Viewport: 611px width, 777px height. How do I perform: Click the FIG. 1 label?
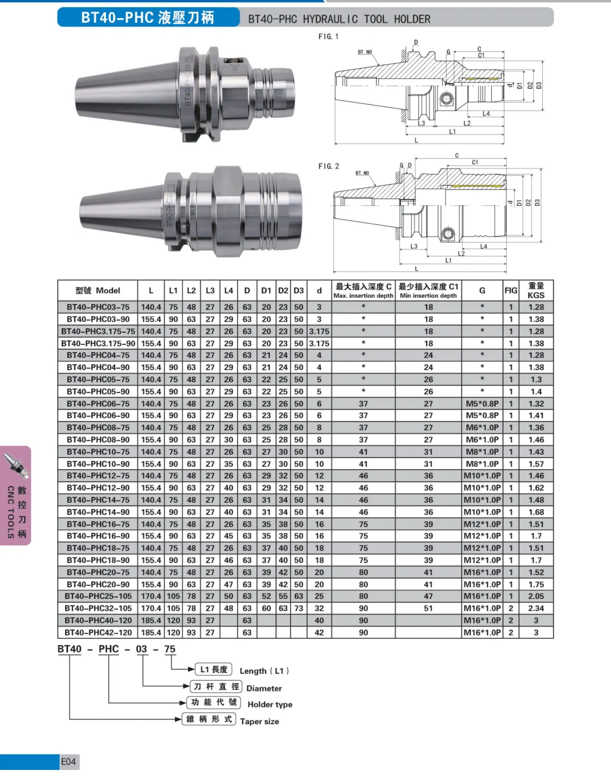328,37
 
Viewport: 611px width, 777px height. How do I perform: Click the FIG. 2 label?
328,166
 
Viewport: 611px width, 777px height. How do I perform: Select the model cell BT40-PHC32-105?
98,608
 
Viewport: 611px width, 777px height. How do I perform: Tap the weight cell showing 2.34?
536,608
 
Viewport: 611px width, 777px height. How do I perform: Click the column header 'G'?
482,290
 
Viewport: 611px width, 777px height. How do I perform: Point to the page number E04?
68,762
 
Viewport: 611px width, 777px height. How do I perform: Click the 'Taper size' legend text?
259,722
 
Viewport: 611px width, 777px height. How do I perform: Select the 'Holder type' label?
270,705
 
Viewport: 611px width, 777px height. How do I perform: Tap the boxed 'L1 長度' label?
213,669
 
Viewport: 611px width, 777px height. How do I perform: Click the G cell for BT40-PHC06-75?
482,404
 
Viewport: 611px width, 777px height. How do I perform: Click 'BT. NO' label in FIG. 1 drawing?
365,52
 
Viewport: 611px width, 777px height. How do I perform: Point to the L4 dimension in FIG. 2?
483,246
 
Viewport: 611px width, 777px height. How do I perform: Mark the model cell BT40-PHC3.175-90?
98,343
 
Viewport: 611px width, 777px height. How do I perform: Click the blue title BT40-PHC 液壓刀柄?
148,17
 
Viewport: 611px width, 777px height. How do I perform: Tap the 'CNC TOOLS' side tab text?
11,511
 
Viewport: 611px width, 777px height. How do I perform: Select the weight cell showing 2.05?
536,596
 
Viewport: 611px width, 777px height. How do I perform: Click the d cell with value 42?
319,632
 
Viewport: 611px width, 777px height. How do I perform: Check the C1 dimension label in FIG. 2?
475,162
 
